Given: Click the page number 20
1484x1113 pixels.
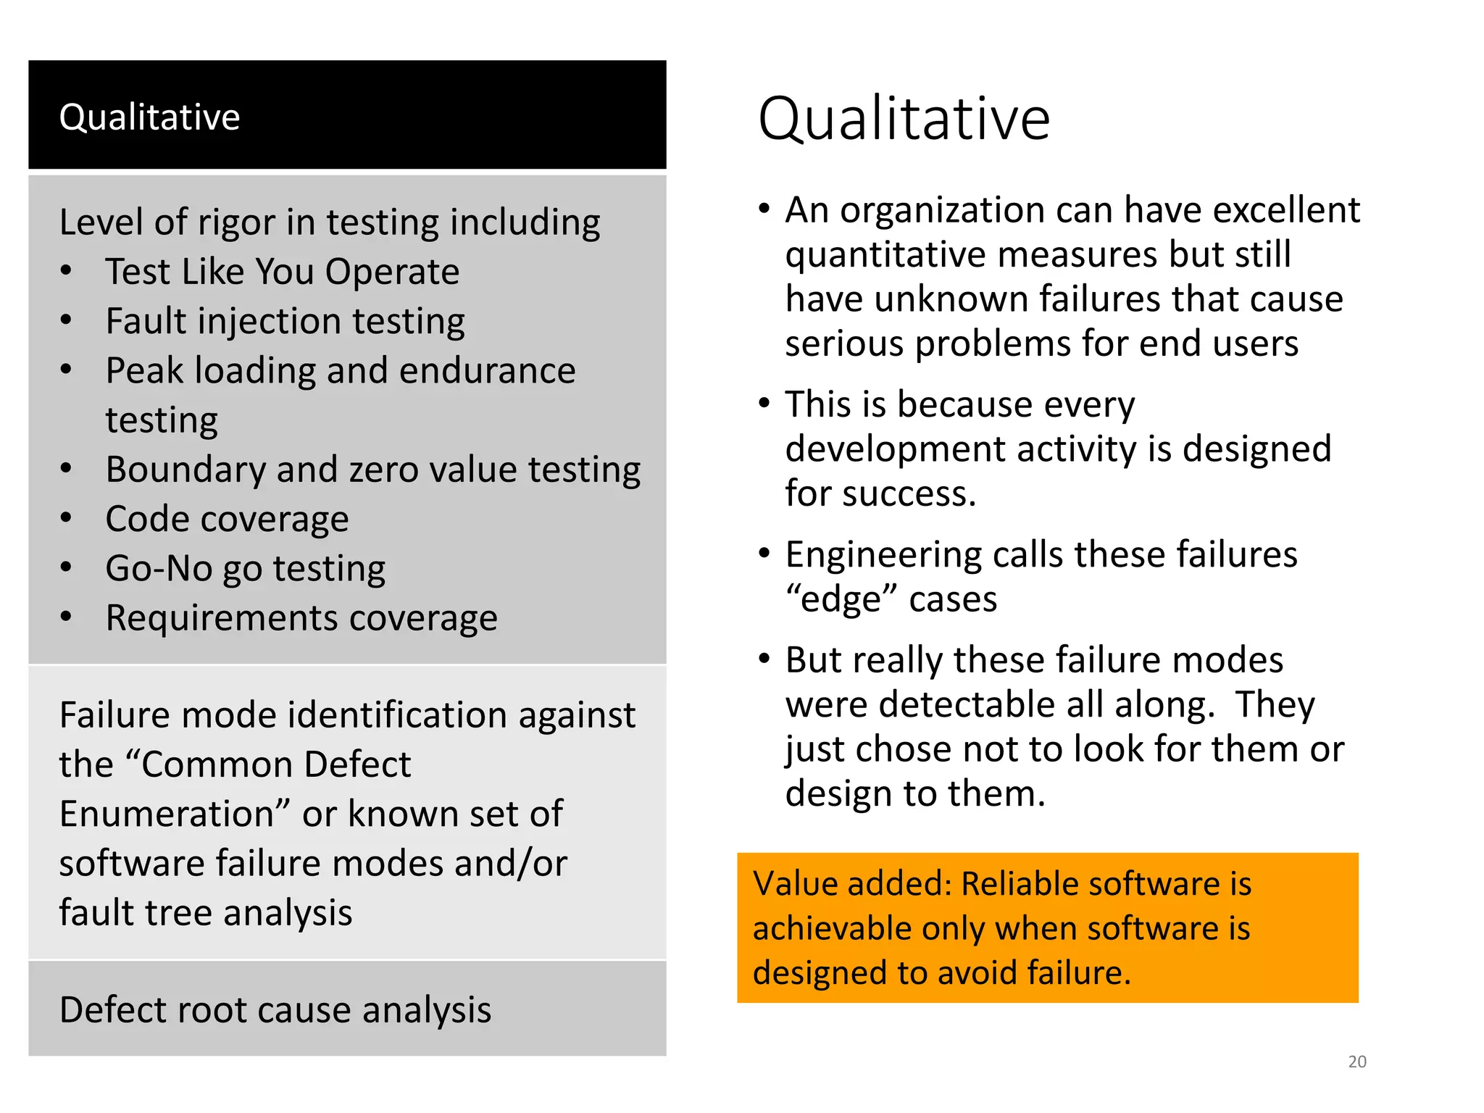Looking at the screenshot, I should [x=1356, y=1062].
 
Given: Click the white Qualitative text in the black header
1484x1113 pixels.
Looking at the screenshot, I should [x=149, y=117].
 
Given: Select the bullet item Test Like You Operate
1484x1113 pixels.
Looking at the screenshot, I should [x=282, y=272].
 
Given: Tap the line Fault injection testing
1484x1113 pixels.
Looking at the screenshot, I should [x=285, y=321].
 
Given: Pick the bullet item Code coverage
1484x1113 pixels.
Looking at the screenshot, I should [x=227, y=519].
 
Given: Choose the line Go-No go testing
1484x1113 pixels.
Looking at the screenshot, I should [x=245, y=569].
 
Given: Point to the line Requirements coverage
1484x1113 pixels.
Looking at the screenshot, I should [x=301, y=618].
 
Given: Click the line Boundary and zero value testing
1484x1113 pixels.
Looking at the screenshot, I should [x=372, y=470].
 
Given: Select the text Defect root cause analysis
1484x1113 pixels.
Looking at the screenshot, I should [x=275, y=1009].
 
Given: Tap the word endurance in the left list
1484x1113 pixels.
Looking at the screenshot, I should [x=487, y=371].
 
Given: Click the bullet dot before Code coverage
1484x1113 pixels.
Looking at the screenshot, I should [x=66, y=518].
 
